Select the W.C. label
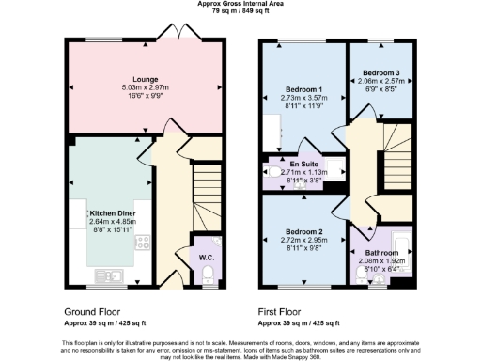(x=206, y=257)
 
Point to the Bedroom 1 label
(x=303, y=90)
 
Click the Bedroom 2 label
(x=303, y=231)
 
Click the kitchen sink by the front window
(x=110, y=275)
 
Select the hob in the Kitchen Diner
(x=144, y=245)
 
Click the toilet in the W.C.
(x=208, y=274)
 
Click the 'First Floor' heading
(x=286, y=310)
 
